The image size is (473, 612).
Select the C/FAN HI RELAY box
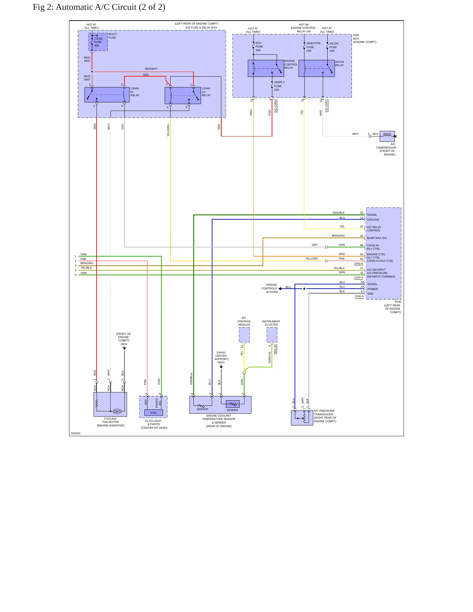[x=107, y=95]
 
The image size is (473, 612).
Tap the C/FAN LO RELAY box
[x=183, y=96]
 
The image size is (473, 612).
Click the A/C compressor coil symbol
[x=387, y=136]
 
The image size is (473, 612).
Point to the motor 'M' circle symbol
[x=117, y=411]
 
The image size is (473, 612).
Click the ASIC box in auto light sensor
[x=154, y=413]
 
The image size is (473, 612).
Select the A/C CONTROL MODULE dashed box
[x=244, y=335]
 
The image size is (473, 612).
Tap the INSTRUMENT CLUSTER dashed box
[x=272, y=335]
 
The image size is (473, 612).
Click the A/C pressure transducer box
[x=302, y=418]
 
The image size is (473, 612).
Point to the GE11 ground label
[x=124, y=344]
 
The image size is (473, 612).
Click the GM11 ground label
[x=221, y=362]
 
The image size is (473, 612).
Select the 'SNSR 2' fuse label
[x=279, y=82]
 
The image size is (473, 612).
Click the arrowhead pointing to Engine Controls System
[x=280, y=289]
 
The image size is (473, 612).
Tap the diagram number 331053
[x=76, y=433]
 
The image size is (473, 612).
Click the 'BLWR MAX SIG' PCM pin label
[x=377, y=238]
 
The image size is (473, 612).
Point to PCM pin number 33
[x=362, y=213]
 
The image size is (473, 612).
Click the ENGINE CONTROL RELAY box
[x=266, y=68]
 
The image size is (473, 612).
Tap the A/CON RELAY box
[x=317, y=68]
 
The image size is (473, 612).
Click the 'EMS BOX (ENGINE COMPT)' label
[x=365, y=39]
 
